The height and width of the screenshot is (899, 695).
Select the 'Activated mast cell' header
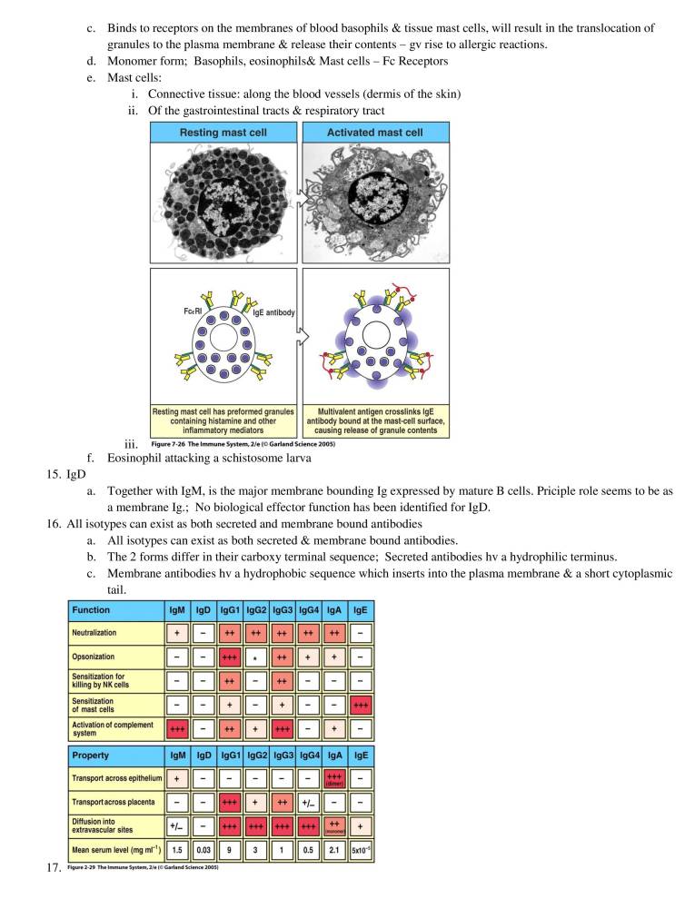click(375, 133)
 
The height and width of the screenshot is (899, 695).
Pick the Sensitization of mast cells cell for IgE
click(360, 706)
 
